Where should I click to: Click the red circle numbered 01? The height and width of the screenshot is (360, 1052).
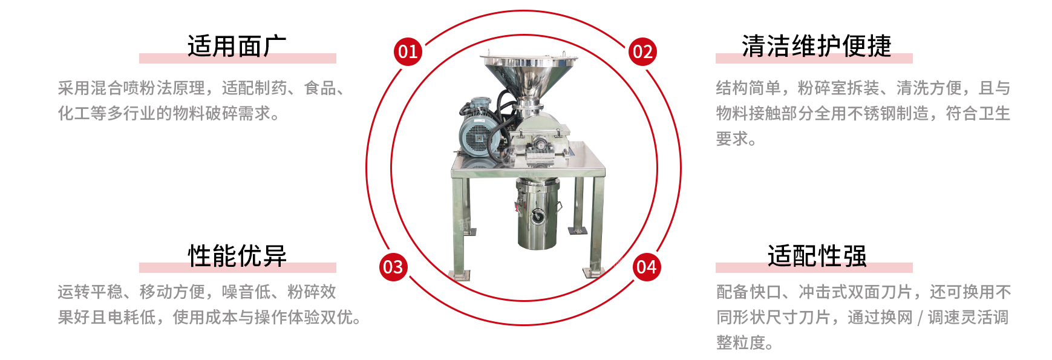[408, 51]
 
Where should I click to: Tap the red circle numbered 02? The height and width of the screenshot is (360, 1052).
[642, 51]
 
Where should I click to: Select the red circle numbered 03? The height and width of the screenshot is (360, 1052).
[393, 267]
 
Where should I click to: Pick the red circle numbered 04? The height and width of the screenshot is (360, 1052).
[647, 267]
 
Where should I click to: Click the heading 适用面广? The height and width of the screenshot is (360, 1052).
[237, 46]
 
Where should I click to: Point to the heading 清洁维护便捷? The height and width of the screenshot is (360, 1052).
[817, 46]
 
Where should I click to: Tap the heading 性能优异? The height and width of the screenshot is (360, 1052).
[237, 255]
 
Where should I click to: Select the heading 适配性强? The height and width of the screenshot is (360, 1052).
[817, 255]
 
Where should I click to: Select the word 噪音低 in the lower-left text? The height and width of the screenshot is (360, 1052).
[246, 292]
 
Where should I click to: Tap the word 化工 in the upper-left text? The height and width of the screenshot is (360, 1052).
[74, 113]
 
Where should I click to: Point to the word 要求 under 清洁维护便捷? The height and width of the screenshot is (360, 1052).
[732, 139]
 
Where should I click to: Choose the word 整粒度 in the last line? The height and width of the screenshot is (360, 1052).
[740, 342]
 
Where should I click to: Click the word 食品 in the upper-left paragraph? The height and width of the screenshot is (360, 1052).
[320, 88]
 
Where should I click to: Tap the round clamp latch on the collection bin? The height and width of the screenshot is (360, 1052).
[537, 215]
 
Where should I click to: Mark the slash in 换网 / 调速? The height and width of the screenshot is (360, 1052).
[920, 318]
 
